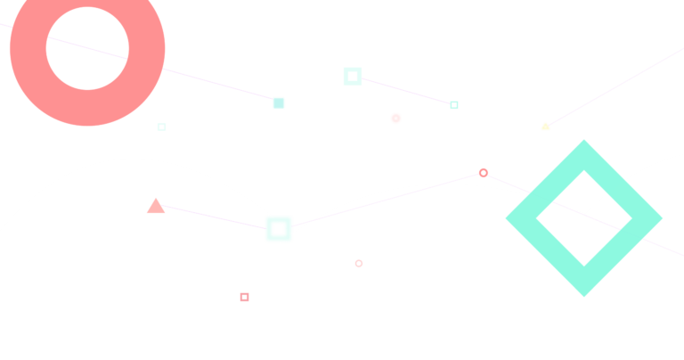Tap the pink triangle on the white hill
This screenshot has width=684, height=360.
click(156, 207)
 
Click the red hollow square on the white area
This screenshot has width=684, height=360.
click(244, 297)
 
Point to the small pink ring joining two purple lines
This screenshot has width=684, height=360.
click(484, 173)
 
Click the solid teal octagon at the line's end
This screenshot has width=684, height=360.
click(279, 103)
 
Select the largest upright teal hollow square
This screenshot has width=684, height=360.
click(353, 77)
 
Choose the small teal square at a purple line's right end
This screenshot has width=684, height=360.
click(454, 105)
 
